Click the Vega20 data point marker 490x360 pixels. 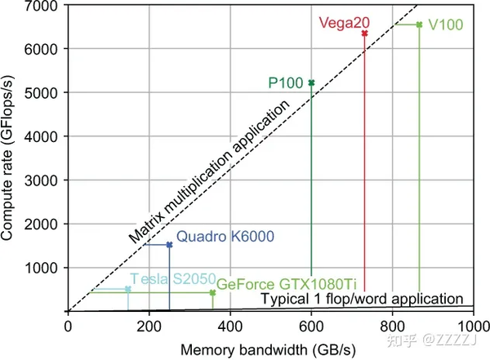[x=364, y=33]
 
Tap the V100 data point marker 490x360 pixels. [x=419, y=25]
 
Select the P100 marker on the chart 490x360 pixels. [x=311, y=82]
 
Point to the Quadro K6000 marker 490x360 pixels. [x=169, y=245]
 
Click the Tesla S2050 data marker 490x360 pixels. [x=128, y=289]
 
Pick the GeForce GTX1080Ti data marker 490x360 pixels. [x=212, y=292]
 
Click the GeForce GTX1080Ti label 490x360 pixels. [x=287, y=284]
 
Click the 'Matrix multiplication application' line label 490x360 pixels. [x=209, y=173]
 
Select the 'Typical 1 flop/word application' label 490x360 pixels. [x=363, y=299]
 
